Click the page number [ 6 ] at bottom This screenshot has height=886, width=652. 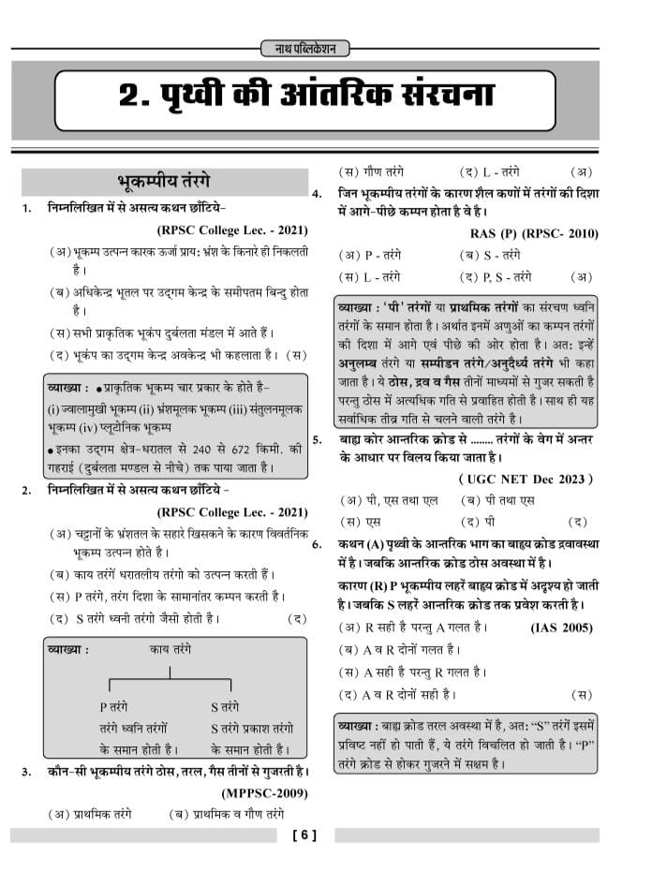305,836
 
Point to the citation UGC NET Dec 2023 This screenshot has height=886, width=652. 526,479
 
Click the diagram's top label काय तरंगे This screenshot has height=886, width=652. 170,649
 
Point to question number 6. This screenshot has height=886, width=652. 318,543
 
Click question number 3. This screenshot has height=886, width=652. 27,772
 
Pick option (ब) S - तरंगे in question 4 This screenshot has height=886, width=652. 489,254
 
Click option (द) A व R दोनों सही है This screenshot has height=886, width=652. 397,694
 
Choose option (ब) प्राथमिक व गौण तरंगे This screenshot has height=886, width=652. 226,814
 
